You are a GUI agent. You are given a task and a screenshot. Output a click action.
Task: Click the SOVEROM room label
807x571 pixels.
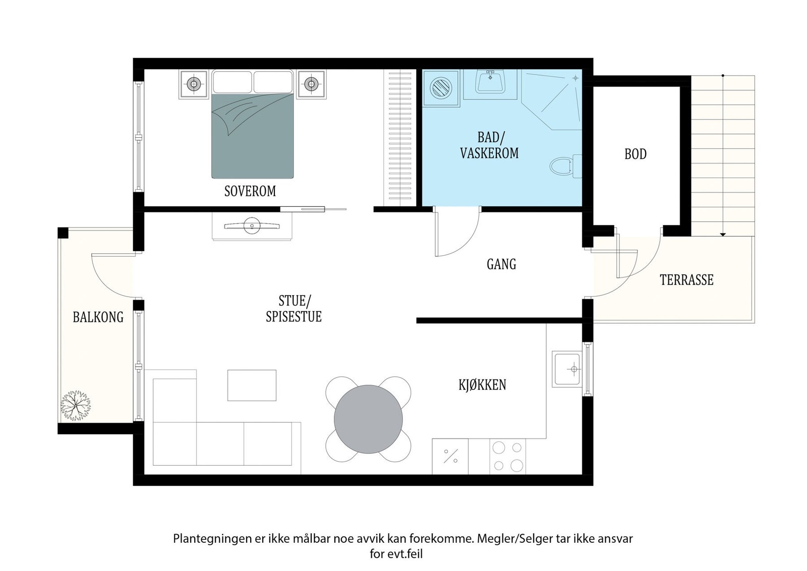pos(250,191)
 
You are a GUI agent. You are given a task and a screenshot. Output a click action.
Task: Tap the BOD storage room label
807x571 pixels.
pos(636,154)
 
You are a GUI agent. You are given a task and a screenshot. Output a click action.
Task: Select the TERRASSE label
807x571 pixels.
pos(686,280)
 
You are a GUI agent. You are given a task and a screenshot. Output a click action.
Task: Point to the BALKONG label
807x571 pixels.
pos(98,317)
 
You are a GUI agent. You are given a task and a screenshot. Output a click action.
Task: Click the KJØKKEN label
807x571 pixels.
pos(482,385)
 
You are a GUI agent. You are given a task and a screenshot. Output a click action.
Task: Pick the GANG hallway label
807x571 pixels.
pos(501,264)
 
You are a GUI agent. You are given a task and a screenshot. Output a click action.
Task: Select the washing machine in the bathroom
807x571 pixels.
pos(441,88)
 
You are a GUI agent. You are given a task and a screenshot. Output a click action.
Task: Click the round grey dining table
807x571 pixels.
pos(368,419)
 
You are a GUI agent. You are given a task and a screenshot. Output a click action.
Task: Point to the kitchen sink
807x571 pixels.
pos(567,369)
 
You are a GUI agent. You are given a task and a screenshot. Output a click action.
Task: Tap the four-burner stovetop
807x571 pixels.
pos(507,456)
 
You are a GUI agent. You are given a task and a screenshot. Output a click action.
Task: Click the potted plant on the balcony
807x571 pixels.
pos(76,406)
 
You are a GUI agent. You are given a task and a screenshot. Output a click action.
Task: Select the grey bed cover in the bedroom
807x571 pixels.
pos(253,136)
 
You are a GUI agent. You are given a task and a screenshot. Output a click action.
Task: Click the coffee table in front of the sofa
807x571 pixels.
pos(252,385)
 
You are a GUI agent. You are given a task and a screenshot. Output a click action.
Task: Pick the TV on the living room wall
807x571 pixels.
pos(252,226)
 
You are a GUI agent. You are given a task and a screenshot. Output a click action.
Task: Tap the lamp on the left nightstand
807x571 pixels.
pos(194,84)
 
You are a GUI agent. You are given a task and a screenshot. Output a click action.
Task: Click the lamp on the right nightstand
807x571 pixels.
pos(311,84)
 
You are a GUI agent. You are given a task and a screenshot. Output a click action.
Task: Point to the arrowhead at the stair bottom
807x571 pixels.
pos(723,235)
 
